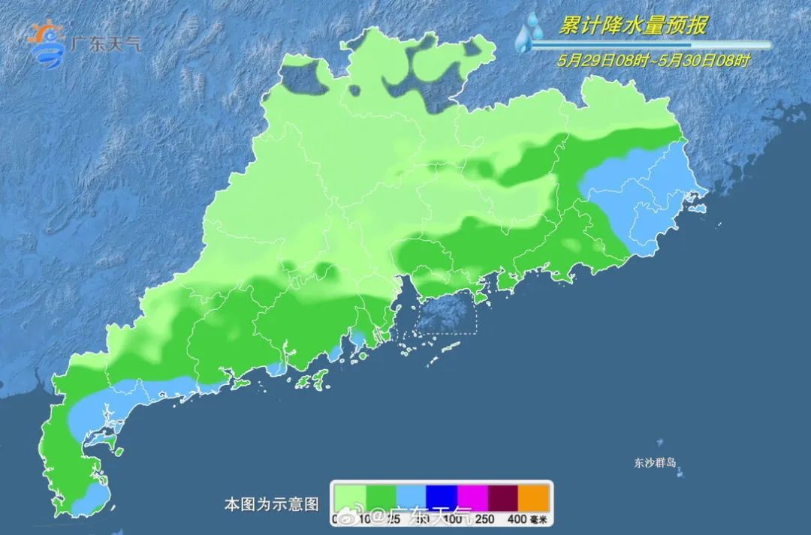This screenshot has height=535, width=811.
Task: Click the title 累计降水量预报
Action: [x=632, y=26]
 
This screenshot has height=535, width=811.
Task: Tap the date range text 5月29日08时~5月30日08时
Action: [x=653, y=61]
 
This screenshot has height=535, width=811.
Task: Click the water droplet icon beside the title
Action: [x=531, y=32]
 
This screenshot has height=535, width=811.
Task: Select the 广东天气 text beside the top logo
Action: [x=104, y=44]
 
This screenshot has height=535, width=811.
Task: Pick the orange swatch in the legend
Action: [x=534, y=497]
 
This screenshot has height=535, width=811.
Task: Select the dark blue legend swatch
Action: [x=442, y=497]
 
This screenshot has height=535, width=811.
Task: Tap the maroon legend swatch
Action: [x=503, y=497]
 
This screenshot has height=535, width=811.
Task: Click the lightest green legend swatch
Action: [x=349, y=497]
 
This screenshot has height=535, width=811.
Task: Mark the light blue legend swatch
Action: [x=411, y=497]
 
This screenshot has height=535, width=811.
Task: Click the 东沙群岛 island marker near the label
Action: [x=680, y=473]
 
